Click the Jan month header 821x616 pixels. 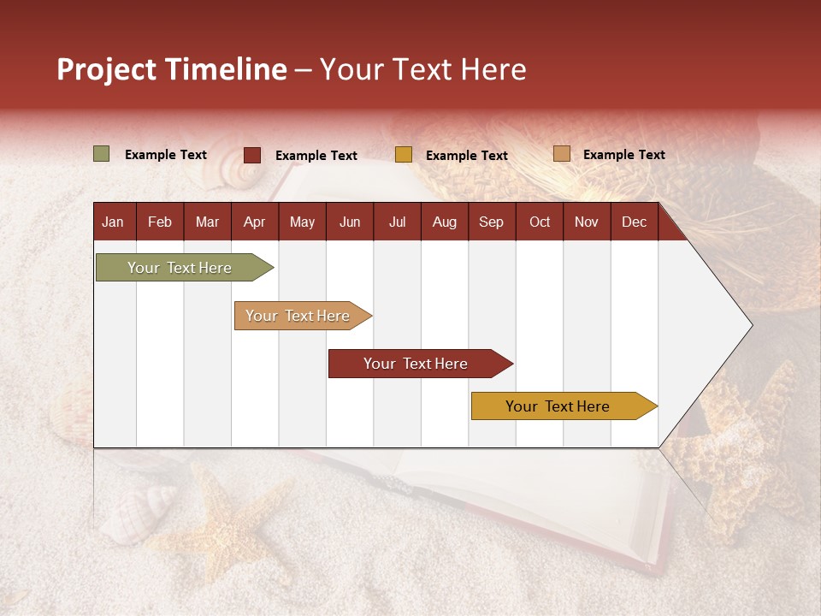pos(113,222)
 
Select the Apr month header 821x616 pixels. pos(255,222)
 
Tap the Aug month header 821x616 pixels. pos(445,222)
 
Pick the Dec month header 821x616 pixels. pos(635,222)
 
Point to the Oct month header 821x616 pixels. pos(540,222)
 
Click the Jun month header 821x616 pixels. pos(350,222)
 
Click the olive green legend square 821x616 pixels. pos(102,154)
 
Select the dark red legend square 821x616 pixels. pos(252,155)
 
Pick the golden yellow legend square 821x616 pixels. pos(404,155)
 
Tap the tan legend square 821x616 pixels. pos(561,154)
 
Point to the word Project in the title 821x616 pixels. pos(107,69)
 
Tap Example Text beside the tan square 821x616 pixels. pos(623,155)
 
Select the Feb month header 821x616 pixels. pos(160,222)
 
